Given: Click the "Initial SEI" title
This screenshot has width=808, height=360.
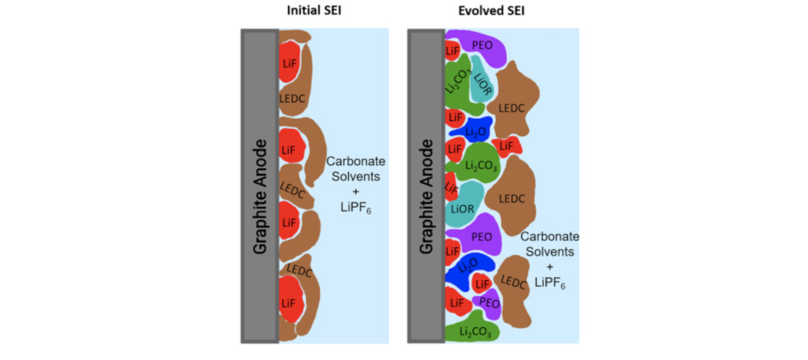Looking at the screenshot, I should coord(314,10).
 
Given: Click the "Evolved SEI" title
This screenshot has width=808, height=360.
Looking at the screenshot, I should coord(491,10).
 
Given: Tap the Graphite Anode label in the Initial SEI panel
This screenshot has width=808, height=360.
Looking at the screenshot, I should coord(260,196).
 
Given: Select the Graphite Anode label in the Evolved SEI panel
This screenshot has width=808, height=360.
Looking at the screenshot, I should coord(426,196).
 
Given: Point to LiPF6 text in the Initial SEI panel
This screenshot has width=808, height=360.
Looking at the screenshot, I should coord(356,207).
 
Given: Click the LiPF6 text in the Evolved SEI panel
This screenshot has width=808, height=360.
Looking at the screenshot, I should coord(550,282).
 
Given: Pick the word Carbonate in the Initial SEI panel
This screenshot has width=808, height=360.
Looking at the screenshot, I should coord(356,161).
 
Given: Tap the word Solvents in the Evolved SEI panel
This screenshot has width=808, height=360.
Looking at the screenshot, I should coord(550,252).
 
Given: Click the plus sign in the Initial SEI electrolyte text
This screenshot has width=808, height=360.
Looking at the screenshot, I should coord(356,191).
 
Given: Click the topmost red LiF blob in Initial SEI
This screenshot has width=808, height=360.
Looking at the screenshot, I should coord(289,63).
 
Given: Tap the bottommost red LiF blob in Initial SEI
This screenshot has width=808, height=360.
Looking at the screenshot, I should coord(288,302).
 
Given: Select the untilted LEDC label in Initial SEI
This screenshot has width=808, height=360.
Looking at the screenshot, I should coord(292,99).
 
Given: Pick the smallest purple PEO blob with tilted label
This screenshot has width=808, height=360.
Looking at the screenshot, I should coord(489,303).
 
